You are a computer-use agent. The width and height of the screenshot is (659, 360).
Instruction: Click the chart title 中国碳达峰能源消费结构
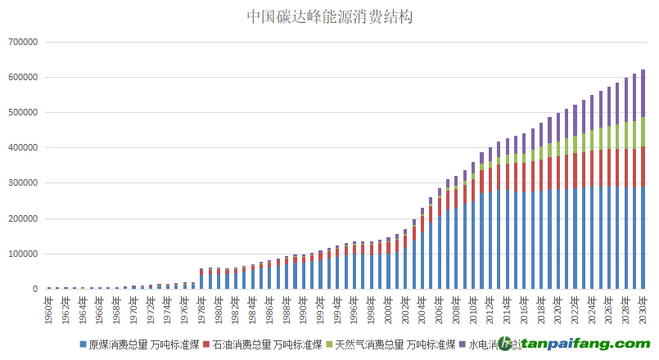330,16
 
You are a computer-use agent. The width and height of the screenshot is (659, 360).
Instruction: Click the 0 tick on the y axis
35,289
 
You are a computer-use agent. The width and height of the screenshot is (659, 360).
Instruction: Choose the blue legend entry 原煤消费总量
139,344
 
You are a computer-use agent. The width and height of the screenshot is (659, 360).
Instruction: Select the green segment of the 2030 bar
643,132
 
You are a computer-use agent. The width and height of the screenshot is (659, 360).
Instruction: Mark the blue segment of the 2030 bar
643,237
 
